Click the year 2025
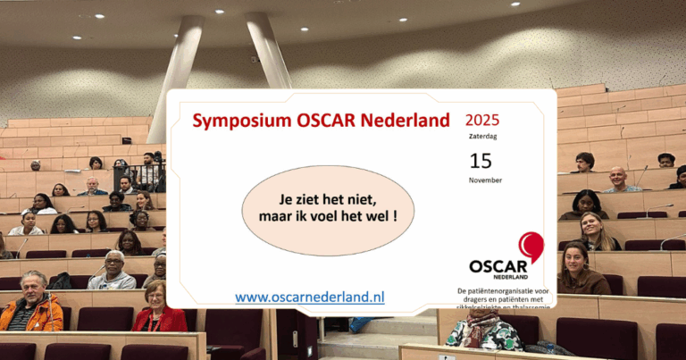coord(482,120)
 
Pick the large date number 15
coord(481,161)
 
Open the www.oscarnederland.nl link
coord(310,297)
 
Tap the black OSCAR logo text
coord(498,265)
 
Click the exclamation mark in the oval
coord(394,217)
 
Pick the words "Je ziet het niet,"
coord(316,200)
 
